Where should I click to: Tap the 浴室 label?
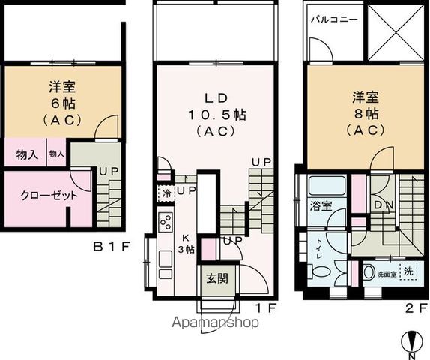click(321, 205)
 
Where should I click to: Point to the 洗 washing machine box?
click(408, 270)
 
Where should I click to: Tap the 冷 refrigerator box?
click(164, 192)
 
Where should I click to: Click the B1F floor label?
click(113, 245)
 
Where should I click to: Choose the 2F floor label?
click(417, 307)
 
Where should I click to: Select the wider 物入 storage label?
click(27, 155)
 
